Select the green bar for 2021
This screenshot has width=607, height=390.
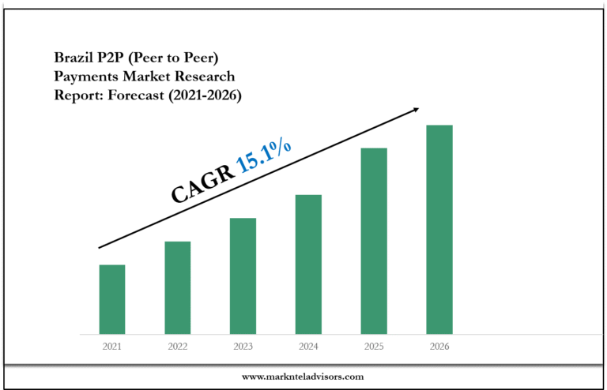click(112, 299)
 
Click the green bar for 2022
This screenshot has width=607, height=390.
click(178, 287)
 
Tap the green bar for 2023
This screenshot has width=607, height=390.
click(243, 276)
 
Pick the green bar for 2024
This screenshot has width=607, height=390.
click(309, 264)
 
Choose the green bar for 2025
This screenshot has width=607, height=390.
click(374, 241)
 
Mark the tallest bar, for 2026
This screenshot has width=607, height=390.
click(439, 229)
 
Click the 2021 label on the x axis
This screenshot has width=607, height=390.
click(112, 347)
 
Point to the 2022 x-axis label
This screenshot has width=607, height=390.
click(178, 347)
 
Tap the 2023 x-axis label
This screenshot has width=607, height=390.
click(243, 347)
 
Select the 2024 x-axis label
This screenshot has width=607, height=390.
click(309, 347)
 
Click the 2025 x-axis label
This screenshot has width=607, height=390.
click(374, 347)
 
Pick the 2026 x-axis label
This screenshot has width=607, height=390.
click(439, 347)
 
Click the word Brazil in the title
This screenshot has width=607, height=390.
click(73, 58)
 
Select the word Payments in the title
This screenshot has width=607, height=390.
click(85, 77)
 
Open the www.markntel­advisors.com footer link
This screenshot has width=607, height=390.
click(303, 377)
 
